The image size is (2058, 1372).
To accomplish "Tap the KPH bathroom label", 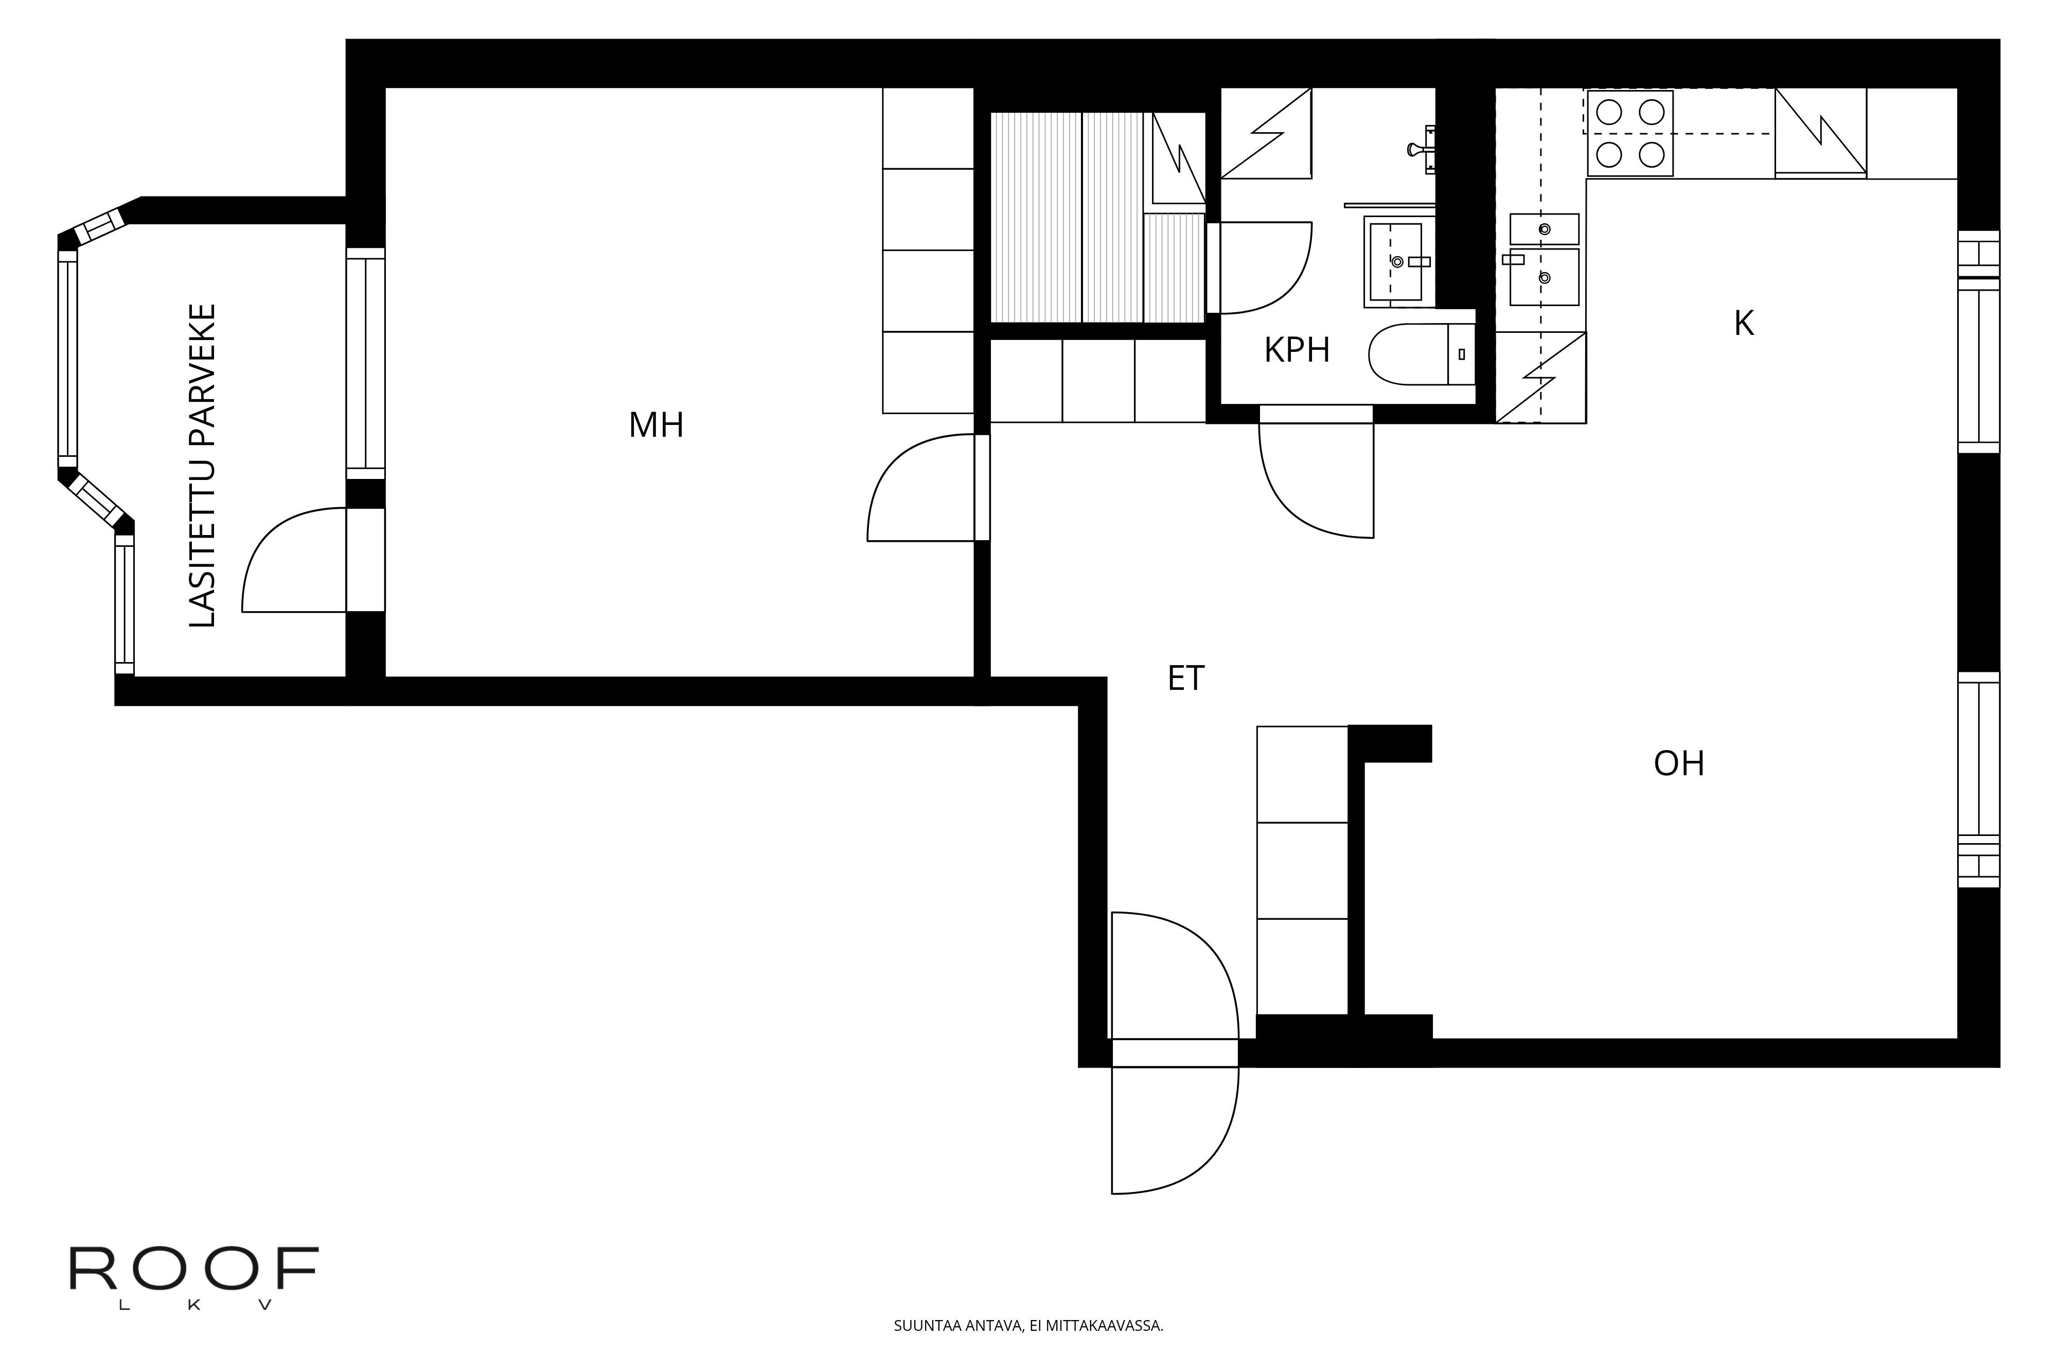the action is point(1297,350).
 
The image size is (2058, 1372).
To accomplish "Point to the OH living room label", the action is point(1679,764).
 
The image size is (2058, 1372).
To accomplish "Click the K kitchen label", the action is point(1744,324).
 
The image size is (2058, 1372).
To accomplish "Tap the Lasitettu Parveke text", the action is point(202,466).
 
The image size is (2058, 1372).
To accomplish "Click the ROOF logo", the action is point(193,1278).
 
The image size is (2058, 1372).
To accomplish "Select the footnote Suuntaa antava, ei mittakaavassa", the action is point(1028,1326).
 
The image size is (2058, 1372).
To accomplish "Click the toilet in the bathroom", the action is point(1422,354).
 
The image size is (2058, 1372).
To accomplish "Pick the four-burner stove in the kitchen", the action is point(1629,133).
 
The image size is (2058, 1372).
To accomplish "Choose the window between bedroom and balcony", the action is point(365,363).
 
